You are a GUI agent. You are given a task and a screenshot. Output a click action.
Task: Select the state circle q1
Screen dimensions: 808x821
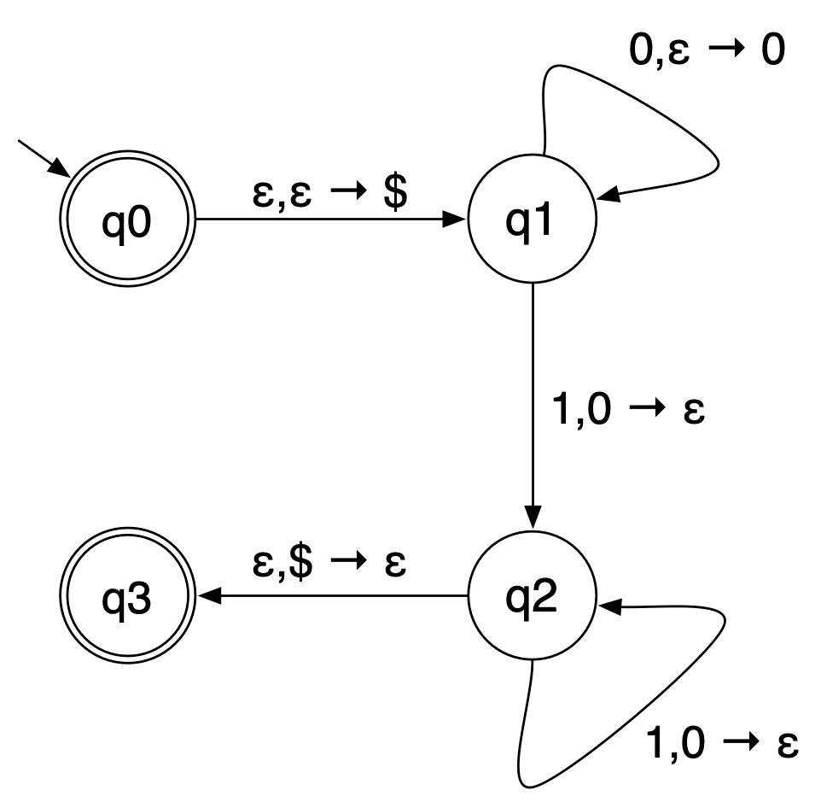click(x=533, y=219)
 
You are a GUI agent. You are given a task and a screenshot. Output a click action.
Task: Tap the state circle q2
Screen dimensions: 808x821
click(x=533, y=595)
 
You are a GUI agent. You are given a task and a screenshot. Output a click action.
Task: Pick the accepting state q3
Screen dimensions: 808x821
click(x=128, y=595)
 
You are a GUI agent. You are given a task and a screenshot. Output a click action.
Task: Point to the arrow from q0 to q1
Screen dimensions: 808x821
click(x=333, y=219)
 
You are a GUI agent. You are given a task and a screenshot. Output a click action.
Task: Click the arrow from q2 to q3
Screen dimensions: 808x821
click(x=333, y=595)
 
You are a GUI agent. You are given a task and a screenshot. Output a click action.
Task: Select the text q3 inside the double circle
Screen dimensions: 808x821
click(x=128, y=596)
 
